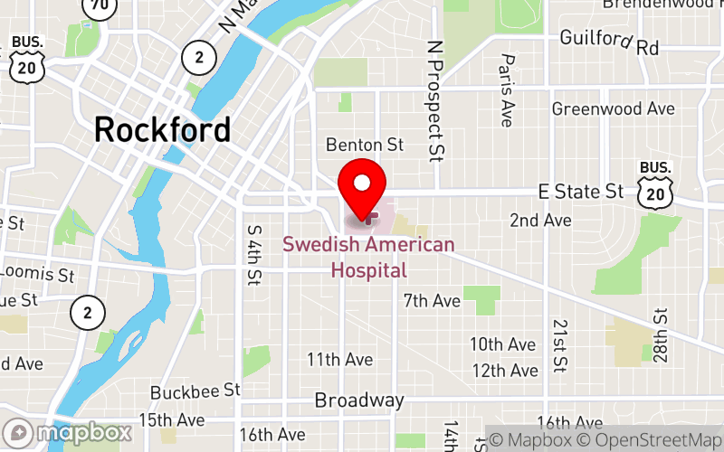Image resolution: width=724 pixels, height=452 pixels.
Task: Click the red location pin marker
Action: [362, 185]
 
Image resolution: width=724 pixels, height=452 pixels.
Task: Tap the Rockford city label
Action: [162, 129]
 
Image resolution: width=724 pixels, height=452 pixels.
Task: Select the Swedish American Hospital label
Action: [368, 257]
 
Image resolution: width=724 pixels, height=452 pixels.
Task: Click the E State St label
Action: [581, 191]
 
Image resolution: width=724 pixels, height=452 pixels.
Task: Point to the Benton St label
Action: [364, 145]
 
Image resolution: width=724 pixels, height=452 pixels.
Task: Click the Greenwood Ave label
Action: [614, 108]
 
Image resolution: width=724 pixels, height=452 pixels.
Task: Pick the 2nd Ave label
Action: [540, 220]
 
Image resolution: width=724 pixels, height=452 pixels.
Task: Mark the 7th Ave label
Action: [433, 299]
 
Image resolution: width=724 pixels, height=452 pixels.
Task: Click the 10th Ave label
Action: [503, 344]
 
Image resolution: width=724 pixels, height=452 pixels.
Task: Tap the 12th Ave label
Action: [504, 371]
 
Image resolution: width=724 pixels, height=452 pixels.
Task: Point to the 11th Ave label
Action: [339, 360]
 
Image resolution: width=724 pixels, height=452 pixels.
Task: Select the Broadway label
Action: [359, 400]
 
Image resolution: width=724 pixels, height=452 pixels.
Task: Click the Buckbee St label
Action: [195, 391]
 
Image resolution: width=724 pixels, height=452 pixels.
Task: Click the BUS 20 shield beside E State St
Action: [654, 184]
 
